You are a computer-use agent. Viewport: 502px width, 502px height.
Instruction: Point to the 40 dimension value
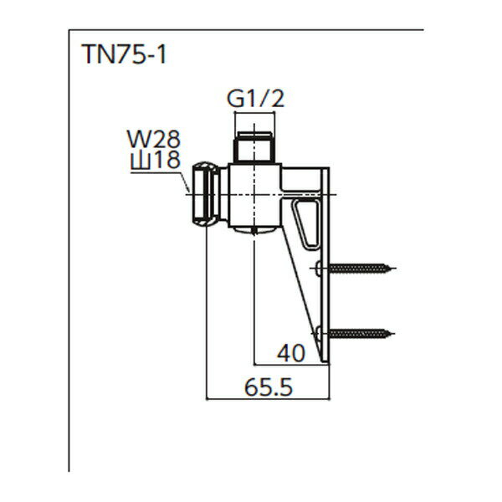click(x=290, y=352)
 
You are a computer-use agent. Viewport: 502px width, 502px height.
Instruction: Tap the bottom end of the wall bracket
click(x=327, y=358)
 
